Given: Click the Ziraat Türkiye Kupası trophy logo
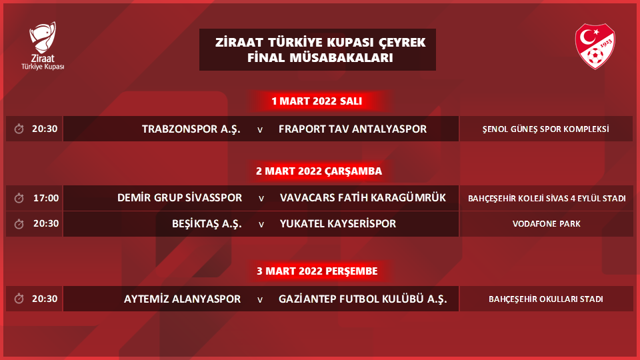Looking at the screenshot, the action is click(43, 46).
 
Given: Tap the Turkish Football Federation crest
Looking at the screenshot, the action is click(595, 46).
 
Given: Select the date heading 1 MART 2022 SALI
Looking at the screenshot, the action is click(317, 101).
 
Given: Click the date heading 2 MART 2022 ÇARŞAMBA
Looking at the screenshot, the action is click(319, 171).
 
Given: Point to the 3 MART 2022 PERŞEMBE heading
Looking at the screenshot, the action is click(317, 271).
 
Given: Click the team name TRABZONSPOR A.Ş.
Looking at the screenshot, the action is click(191, 129).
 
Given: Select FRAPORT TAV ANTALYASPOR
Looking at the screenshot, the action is click(353, 129).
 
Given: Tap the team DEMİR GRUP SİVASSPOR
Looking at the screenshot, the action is click(179, 198).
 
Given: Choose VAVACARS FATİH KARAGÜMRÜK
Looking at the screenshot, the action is click(363, 198).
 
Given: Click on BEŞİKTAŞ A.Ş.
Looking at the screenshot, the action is click(207, 224).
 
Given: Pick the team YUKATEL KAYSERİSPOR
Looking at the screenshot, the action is click(338, 224).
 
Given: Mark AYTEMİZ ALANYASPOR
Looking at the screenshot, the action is click(182, 299).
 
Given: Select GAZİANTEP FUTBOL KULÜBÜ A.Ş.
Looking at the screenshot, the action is click(363, 299).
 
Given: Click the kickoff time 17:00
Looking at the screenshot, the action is click(46, 199).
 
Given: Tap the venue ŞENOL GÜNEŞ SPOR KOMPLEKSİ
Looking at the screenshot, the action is click(546, 129).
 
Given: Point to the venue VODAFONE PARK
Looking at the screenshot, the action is click(547, 224).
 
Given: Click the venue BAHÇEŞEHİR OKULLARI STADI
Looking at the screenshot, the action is click(546, 299).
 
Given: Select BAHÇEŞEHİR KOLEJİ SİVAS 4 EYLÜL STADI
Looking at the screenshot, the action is click(547, 199).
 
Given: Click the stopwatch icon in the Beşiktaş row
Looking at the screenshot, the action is click(19, 224).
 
